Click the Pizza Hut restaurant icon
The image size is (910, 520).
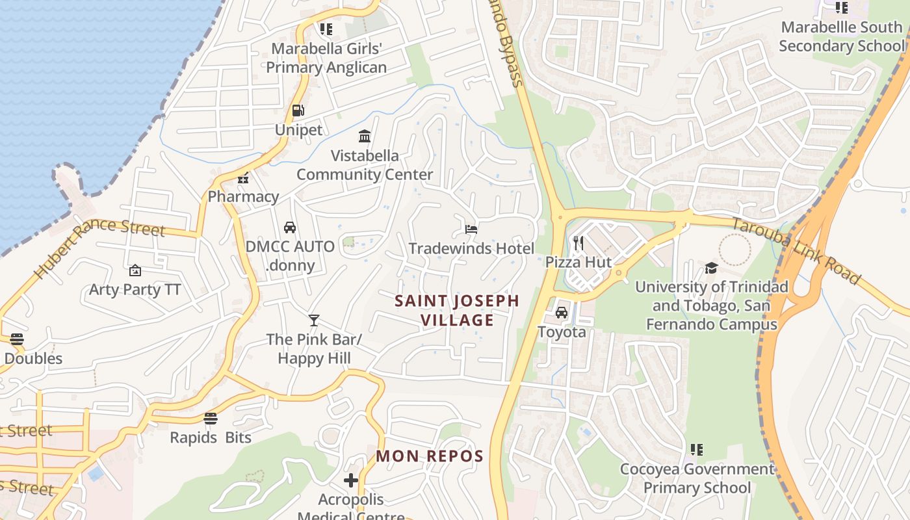pyautogui.click(x=578, y=243)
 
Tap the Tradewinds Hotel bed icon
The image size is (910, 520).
pyautogui.click(x=471, y=229)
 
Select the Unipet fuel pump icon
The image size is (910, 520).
pyautogui.click(x=298, y=111)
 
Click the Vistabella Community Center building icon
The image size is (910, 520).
pyautogui.click(x=365, y=136)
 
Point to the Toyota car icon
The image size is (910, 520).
pyautogui.click(x=562, y=313)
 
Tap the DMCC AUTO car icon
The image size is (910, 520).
pyautogui.click(x=290, y=227)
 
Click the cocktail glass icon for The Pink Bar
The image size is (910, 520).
pyautogui.click(x=314, y=320)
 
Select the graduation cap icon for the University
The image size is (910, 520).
pyautogui.click(x=711, y=268)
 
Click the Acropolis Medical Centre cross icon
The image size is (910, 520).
pyautogui.click(x=351, y=480)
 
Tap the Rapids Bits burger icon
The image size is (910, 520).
pyautogui.click(x=210, y=418)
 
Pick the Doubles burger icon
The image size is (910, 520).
pyautogui.click(x=17, y=339)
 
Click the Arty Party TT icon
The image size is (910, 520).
pyautogui.click(x=135, y=270)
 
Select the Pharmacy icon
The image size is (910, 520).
pyautogui.click(x=243, y=177)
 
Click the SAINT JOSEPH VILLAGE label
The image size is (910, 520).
pyautogui.click(x=457, y=310)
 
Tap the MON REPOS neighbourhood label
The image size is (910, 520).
pyautogui.click(x=430, y=456)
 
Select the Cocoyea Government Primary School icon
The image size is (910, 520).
pyautogui.click(x=697, y=450)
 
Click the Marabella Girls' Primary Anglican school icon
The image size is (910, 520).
pyautogui.click(x=326, y=29)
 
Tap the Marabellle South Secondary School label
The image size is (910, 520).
pyautogui.click(x=841, y=36)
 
